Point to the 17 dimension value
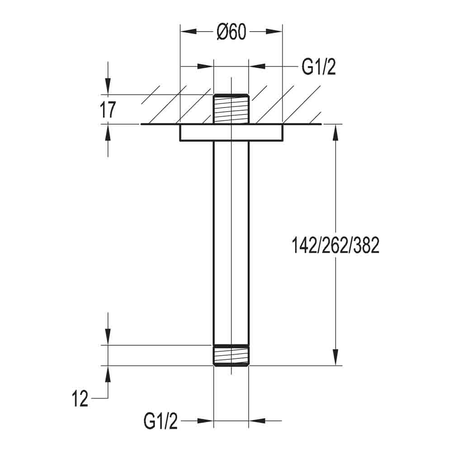point(108,110)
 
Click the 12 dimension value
point(80,400)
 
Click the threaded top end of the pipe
point(231,108)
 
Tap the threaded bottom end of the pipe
point(231,355)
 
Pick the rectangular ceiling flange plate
point(231,133)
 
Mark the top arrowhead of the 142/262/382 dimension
point(335,133)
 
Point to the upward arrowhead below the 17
point(108,132)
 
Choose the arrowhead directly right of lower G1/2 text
point(205,421)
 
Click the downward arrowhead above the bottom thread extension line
point(108,337)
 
